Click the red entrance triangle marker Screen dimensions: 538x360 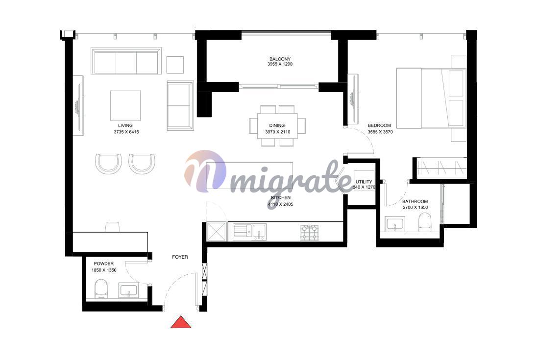click(181, 323)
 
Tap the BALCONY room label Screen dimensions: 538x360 click(280, 59)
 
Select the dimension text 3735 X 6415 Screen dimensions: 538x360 click(126, 132)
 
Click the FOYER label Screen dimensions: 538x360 click(180, 257)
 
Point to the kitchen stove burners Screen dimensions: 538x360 click(310, 232)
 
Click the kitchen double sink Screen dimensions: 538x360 click(250, 232)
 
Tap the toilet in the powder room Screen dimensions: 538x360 click(100, 288)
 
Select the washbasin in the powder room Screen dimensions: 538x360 click(129, 291)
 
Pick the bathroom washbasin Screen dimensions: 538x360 click(395, 224)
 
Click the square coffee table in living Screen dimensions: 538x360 click(125, 106)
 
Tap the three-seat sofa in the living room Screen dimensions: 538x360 click(126, 61)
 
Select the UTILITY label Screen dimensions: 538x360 click(364, 182)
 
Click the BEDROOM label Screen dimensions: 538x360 click(379, 125)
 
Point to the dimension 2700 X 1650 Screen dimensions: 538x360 click(415, 207)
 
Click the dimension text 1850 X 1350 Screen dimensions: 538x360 click(103, 270)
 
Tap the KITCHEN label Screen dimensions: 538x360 click(281, 197)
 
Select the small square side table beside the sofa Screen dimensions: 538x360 click(175, 65)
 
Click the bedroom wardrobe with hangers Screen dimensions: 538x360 click(441, 168)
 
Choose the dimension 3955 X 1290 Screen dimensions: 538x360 click(280, 64)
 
